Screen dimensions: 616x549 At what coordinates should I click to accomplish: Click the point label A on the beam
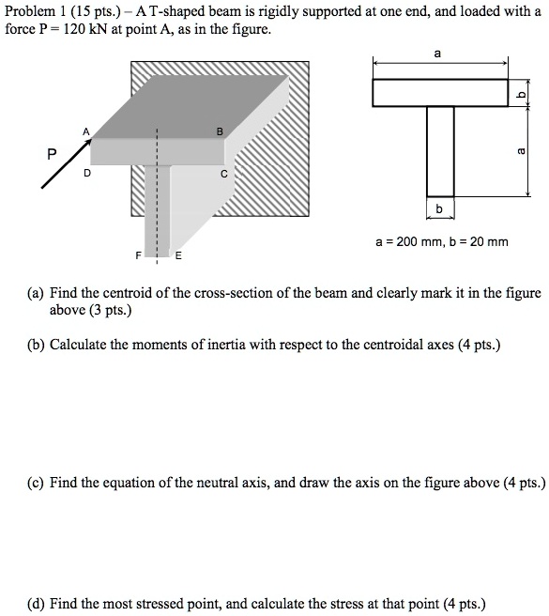click(x=86, y=131)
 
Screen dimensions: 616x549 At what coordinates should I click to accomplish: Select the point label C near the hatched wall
click(x=223, y=174)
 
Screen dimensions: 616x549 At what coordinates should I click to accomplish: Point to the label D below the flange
click(x=86, y=174)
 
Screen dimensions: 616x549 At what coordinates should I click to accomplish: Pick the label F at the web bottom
click(x=139, y=255)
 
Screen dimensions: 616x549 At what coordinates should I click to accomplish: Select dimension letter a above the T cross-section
click(x=439, y=54)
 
